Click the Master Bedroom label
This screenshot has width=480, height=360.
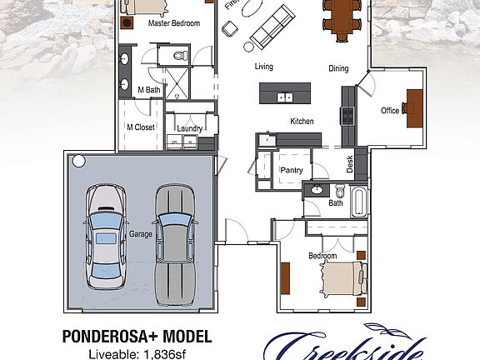coord(174,24)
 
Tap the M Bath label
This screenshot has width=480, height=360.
coord(149,90)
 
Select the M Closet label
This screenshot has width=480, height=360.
coord(141,127)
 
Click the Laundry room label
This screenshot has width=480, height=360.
coord(190,128)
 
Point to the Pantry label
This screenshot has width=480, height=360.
coord(291,170)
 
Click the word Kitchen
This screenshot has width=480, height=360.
coord(302,122)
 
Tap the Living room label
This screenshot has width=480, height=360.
coord(264,67)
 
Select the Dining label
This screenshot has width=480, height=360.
coord(338,69)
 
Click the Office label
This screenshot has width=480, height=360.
coord(390,111)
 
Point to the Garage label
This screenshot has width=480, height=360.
coord(141,235)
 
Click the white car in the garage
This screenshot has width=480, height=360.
coord(106,237)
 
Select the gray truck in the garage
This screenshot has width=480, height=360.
coord(174,237)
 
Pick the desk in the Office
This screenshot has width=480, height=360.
coord(414,107)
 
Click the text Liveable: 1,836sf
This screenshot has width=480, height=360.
coord(136,353)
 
